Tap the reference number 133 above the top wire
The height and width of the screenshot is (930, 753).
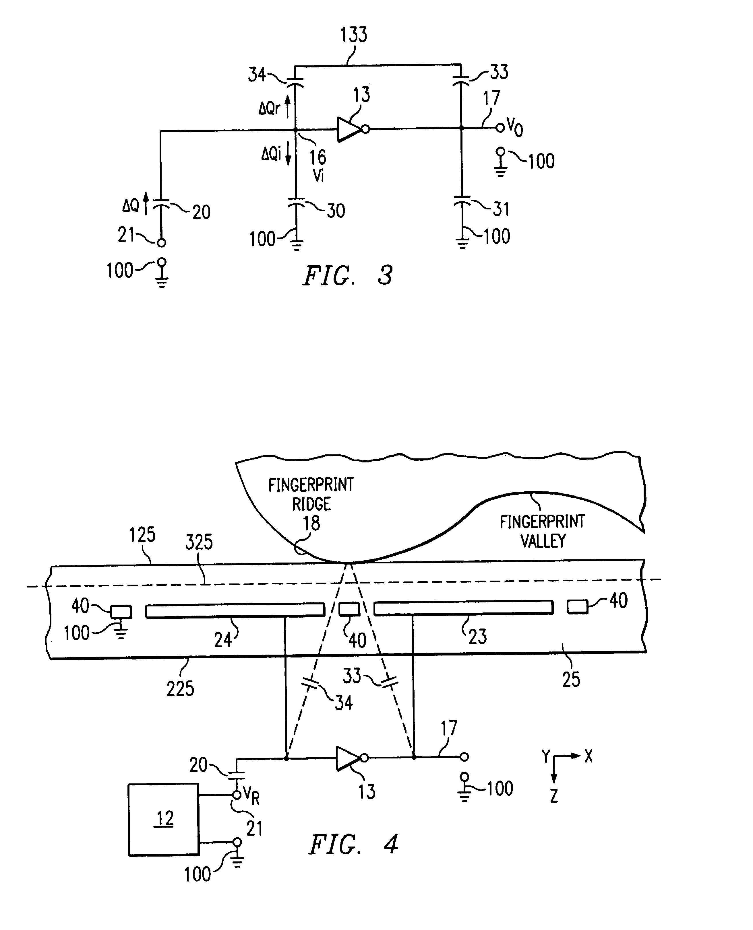[353, 35]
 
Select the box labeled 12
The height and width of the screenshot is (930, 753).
[164, 819]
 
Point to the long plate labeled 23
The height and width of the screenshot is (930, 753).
[463, 607]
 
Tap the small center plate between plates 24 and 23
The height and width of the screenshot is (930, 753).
[349, 609]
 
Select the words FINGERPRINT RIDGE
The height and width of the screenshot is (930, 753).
[311, 494]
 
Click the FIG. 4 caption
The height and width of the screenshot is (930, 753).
[353, 845]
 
